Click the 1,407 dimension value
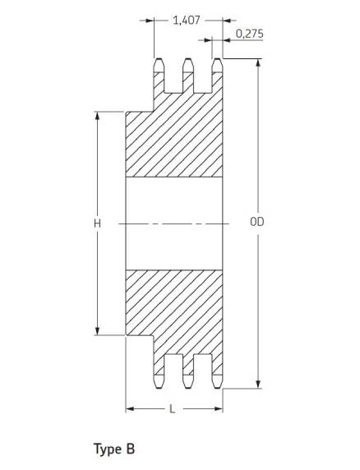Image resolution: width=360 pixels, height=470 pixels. point(187,21)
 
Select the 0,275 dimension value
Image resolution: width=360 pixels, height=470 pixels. point(250,34)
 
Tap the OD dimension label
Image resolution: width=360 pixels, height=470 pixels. point(257,222)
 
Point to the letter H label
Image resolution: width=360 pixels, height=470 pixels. point(97,223)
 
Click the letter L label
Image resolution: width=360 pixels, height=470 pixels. point(172,409)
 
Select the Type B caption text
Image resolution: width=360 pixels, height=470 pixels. point(114,449)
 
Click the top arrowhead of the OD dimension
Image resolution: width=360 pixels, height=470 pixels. point(259,63)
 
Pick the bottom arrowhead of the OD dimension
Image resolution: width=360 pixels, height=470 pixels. point(259,384)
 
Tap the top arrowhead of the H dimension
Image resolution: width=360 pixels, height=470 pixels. point(97,117)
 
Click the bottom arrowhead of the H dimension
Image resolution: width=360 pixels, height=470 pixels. point(97,330)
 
